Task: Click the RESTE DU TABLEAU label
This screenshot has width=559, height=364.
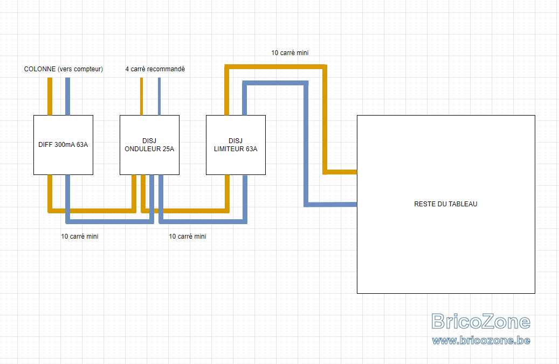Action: [x=446, y=204]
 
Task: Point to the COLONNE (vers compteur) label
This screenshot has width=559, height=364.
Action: [x=64, y=69]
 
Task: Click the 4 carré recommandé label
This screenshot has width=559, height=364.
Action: [x=155, y=69]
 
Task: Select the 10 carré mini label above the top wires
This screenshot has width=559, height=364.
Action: [x=290, y=53]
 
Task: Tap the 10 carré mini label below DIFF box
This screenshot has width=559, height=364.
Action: [x=79, y=237]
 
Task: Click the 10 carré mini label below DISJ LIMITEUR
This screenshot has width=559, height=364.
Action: [x=188, y=237]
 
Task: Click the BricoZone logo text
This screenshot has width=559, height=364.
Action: [x=481, y=321]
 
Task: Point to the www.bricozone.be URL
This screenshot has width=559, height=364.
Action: [x=481, y=340]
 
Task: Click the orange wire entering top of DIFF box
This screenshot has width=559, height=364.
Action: [x=50, y=97]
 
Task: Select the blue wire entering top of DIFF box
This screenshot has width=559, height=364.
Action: [x=68, y=97]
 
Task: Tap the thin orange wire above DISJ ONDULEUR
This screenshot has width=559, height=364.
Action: [x=142, y=97]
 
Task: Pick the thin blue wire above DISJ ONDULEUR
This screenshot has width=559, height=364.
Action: [x=159, y=97]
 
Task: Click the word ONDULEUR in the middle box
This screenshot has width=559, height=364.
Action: [x=149, y=149]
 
